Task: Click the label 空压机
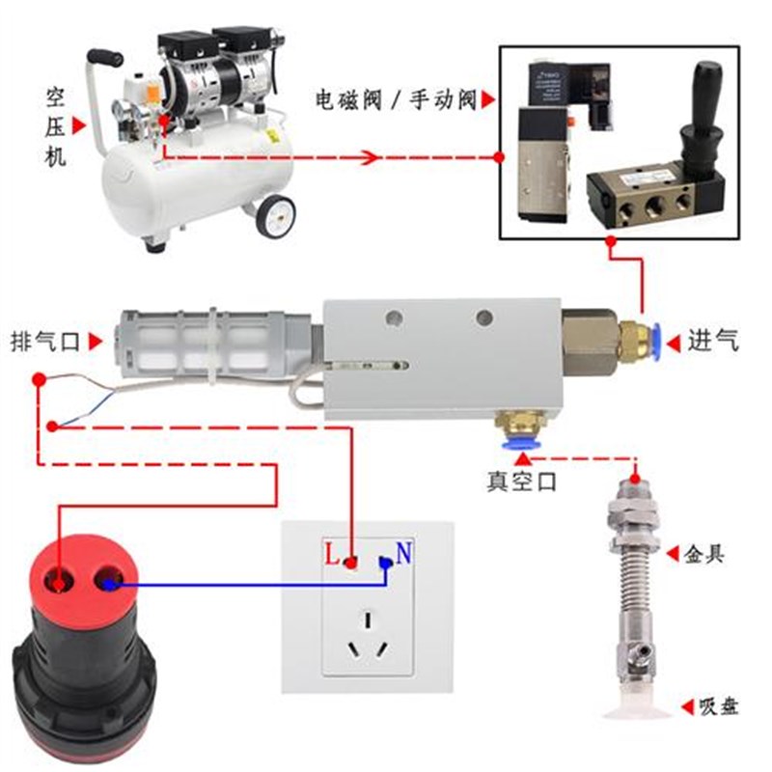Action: coord(55,126)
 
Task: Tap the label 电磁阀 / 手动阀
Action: coord(396,100)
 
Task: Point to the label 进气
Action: coord(713,341)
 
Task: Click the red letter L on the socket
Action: coord(332,556)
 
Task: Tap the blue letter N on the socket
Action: coord(404,554)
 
